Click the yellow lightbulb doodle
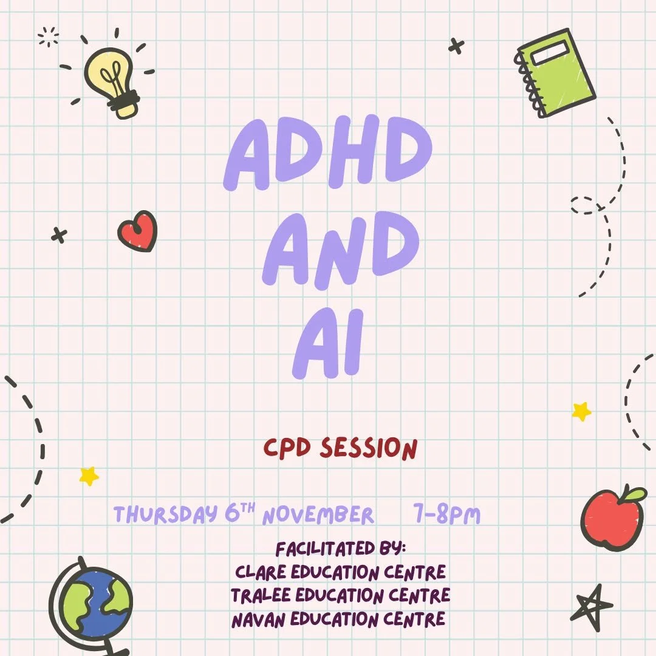point(112,79)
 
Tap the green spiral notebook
point(556,73)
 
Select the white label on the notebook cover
point(550,53)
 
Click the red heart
point(138,231)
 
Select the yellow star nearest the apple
point(581,412)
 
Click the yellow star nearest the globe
point(89,476)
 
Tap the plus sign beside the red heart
point(59,235)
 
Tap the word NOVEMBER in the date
point(318,516)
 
